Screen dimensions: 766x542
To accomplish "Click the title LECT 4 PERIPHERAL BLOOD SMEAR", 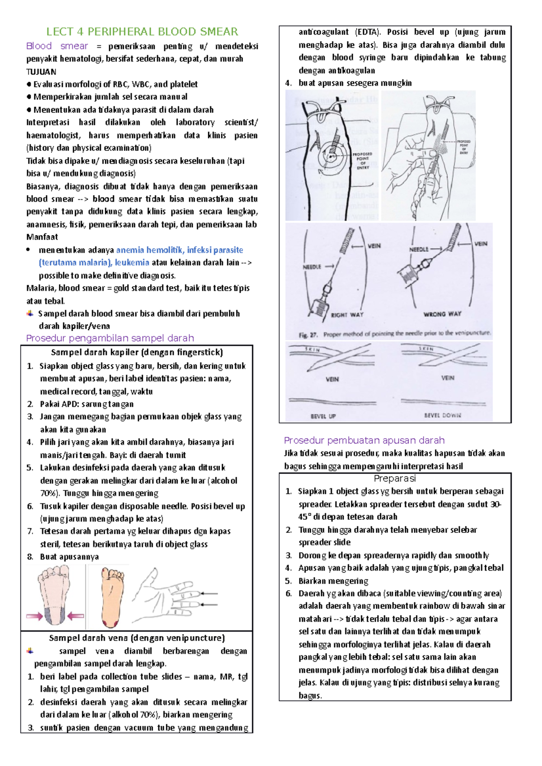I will tap(142, 32).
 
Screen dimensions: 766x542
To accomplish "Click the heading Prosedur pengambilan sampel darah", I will tap(110, 338).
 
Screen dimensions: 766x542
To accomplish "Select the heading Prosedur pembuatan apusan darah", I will tap(364, 440).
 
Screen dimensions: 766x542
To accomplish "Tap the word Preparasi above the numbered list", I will tap(395, 478).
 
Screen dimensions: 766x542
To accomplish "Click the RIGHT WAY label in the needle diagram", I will tap(347, 315).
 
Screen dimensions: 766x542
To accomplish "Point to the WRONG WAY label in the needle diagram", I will tap(442, 314).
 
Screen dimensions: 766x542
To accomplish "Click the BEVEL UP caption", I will tap(323, 416).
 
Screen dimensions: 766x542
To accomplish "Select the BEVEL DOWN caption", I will tap(442, 415).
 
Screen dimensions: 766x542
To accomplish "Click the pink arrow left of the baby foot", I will tap(34, 616).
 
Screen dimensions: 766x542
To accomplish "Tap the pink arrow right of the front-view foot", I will tap(76, 615).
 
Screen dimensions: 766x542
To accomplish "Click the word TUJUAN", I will tap(41, 72).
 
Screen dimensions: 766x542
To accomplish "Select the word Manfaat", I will tap(42, 237).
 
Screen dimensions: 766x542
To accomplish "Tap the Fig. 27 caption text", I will tap(394, 334).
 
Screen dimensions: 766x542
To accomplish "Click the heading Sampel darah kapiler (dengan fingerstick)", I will tap(137, 352).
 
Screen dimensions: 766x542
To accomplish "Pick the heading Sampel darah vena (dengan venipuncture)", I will tap(136, 638).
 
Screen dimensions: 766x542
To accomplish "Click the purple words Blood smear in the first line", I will tap(57, 46).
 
